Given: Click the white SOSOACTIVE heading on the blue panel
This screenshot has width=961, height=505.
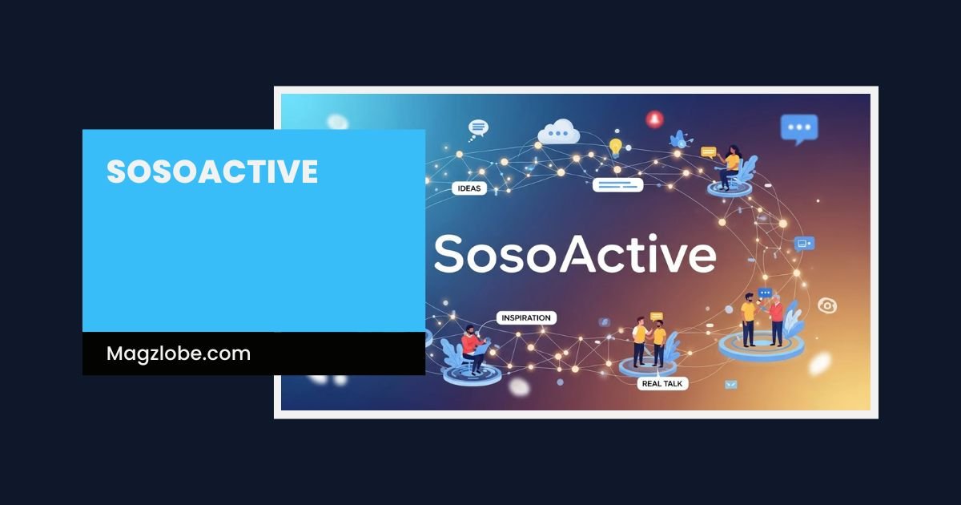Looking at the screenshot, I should pos(212,172).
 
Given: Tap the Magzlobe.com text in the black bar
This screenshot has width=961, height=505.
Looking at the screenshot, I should pos(179,353).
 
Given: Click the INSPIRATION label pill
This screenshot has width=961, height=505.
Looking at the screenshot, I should pos(525,318).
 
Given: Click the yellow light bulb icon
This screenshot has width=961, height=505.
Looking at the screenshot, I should pos(615,147).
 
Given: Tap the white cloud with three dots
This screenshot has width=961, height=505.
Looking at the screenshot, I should pos(559,131).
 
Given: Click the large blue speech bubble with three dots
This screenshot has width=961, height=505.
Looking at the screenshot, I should pos(798,128).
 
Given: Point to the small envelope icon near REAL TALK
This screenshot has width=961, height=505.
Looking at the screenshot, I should pos(730,385).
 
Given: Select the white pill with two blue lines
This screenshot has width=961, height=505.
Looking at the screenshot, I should pos(617,185).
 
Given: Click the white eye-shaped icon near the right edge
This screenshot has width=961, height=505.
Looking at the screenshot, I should pos(827,305).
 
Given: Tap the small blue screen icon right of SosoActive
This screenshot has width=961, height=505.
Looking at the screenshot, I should pos(803,243).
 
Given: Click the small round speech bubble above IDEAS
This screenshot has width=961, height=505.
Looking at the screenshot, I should pos(478,127).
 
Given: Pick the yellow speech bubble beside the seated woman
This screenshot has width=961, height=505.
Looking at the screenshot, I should pos(708,151).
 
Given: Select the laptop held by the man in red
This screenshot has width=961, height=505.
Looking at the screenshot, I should pos(484,346).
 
